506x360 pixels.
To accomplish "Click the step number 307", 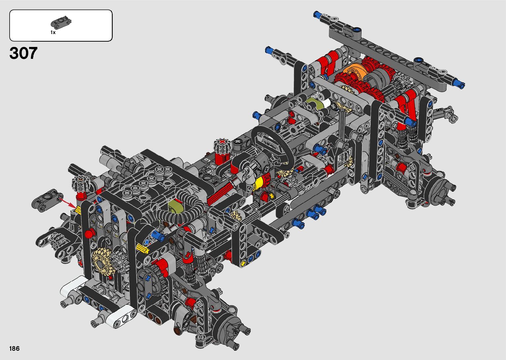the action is click(x=23, y=53).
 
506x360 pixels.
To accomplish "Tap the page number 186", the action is click(x=15, y=348).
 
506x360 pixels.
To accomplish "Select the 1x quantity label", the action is click(x=53, y=32).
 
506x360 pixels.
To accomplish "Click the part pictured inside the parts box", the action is click(x=61, y=22).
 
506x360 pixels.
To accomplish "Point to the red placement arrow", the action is click(x=67, y=203).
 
